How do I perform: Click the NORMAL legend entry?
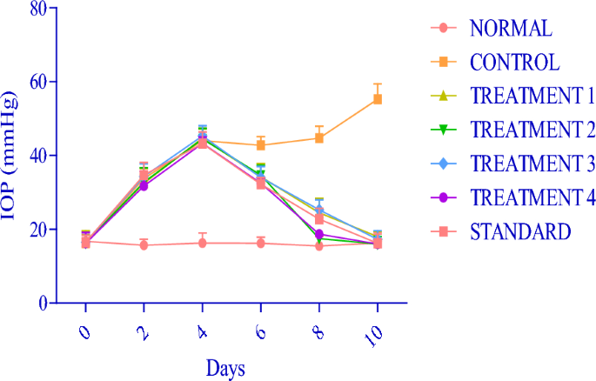[x=511, y=28]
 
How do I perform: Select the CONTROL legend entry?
[x=515, y=62]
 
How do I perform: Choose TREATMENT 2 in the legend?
[x=531, y=130]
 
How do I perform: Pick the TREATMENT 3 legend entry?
[x=531, y=164]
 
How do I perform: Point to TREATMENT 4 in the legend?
[x=531, y=197]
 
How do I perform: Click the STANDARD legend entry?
[x=520, y=231]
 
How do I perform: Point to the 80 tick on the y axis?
[x=37, y=8]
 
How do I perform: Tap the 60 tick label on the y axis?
[x=37, y=82]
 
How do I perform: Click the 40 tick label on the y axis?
[x=37, y=156]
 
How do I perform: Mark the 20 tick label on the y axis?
[x=37, y=230]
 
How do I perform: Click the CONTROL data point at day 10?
[x=378, y=99]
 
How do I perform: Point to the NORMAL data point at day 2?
[x=144, y=245]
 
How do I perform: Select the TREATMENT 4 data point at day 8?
[x=319, y=235]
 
